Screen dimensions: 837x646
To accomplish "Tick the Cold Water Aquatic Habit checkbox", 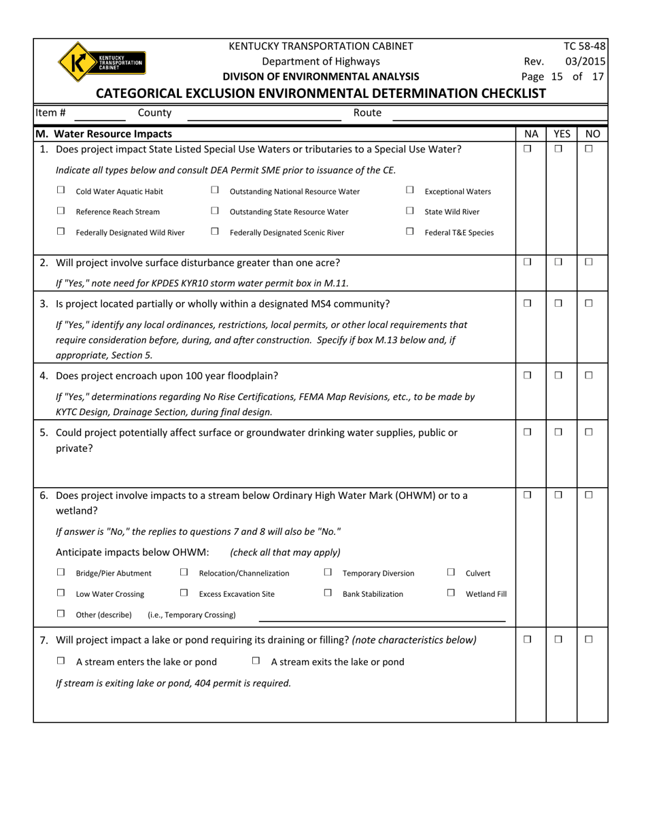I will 61,191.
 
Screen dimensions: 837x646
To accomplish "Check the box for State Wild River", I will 410,211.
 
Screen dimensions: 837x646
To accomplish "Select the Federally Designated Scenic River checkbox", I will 215,231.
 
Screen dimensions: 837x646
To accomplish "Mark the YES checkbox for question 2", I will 558,262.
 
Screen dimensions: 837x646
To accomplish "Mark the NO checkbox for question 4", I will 589,376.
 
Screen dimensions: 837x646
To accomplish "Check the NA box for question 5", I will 528,432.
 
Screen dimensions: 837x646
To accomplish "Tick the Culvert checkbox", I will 451,573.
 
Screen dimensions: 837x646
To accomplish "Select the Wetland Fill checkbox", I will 451,593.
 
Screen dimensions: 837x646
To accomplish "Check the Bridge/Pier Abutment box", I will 61,573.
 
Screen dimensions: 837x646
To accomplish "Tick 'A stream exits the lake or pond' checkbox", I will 256,661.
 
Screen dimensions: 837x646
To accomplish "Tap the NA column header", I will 531,134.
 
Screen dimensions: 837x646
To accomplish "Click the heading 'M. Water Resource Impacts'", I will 103,134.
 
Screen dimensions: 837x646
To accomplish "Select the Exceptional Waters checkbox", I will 410,191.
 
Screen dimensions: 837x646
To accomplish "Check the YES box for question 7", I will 558,640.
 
